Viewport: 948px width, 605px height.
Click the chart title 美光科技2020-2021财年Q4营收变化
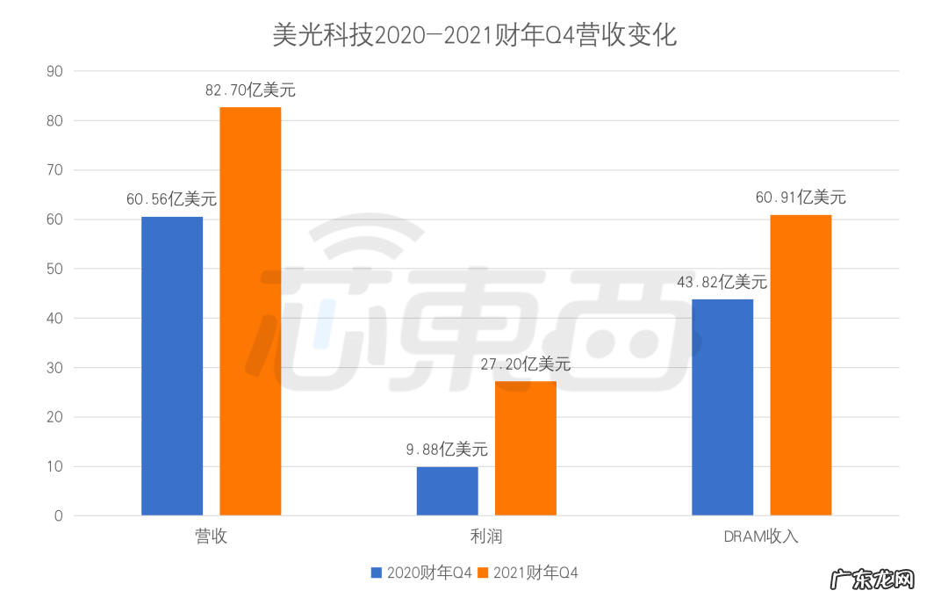[x=474, y=35]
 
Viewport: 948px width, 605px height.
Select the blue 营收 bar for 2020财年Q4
[x=172, y=365]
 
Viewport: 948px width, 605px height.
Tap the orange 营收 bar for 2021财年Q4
[x=250, y=311]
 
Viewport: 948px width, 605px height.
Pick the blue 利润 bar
[x=447, y=491]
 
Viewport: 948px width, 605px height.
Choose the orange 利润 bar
[x=525, y=448]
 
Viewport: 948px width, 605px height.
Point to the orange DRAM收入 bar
[x=801, y=364]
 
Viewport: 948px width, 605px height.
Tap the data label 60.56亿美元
[x=171, y=199]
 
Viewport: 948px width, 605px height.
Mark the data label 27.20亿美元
[x=526, y=364]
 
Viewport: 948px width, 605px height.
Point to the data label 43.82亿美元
[x=722, y=282]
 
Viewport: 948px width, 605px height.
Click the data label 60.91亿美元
[x=801, y=198]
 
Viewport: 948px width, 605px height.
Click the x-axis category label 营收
[x=212, y=537]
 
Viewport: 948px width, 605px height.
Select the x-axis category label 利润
[x=486, y=537]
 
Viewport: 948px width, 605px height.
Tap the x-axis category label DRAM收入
[x=762, y=537]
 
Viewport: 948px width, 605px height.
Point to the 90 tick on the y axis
[x=54, y=71]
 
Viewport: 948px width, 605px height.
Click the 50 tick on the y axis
[x=54, y=269]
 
